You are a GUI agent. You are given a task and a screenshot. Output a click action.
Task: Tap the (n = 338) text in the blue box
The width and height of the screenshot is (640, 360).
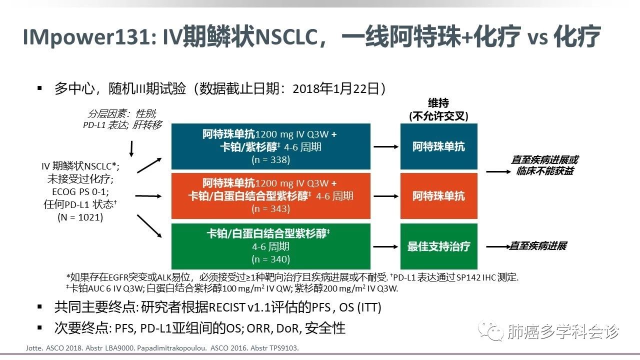tap(270, 159)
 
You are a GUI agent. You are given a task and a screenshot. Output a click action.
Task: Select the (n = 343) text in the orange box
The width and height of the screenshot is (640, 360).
tap(270, 208)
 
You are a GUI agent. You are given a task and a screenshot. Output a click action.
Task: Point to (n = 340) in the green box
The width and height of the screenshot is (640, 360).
tap(270, 259)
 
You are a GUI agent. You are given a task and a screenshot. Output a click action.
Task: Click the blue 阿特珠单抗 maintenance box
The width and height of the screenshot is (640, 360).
tap(438, 146)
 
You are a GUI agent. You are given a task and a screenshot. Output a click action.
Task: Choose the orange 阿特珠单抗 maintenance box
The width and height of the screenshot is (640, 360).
tap(438, 195)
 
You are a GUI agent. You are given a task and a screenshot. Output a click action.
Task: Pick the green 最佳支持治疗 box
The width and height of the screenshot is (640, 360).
tap(438, 246)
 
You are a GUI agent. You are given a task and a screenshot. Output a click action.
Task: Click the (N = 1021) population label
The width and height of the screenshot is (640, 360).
tap(80, 217)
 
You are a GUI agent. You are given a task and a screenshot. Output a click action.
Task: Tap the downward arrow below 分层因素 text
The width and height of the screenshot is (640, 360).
tap(131, 148)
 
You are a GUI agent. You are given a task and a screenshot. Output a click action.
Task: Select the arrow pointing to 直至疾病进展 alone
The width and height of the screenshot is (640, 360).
tap(497, 246)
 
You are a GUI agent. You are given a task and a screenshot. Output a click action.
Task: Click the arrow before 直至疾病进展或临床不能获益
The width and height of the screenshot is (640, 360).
tap(497, 171)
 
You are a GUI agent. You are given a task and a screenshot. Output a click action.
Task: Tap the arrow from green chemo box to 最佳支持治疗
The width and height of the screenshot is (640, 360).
tap(385, 246)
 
